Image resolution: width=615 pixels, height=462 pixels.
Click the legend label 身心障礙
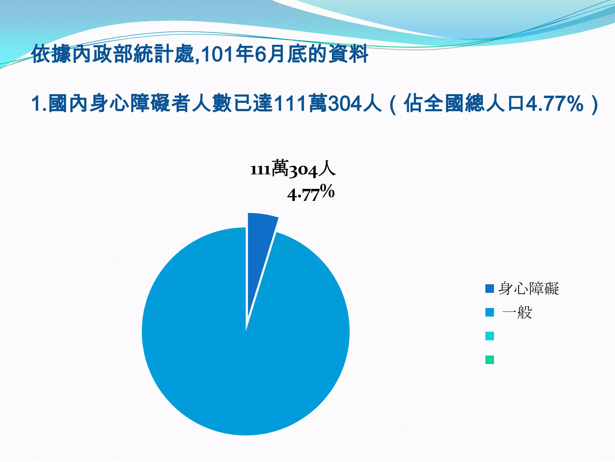tap(529, 289)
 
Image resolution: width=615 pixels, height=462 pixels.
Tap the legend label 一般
tap(517, 313)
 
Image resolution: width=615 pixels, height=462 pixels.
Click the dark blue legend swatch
tap(489, 289)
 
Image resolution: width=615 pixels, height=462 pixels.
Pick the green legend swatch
tap(489, 360)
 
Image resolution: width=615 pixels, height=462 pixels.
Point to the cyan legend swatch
tap(489, 336)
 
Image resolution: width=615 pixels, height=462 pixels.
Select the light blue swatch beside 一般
tap(489, 313)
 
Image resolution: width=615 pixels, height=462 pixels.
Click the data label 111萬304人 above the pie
tap(293, 169)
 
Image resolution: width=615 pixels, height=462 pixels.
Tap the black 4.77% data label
tap(311, 193)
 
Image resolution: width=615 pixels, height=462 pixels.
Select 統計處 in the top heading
tap(164, 54)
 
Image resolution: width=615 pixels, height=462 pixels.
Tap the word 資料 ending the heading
tap(348, 54)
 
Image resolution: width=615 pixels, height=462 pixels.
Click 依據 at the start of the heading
tap(51, 54)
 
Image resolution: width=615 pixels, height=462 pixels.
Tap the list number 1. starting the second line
tap(39, 103)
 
